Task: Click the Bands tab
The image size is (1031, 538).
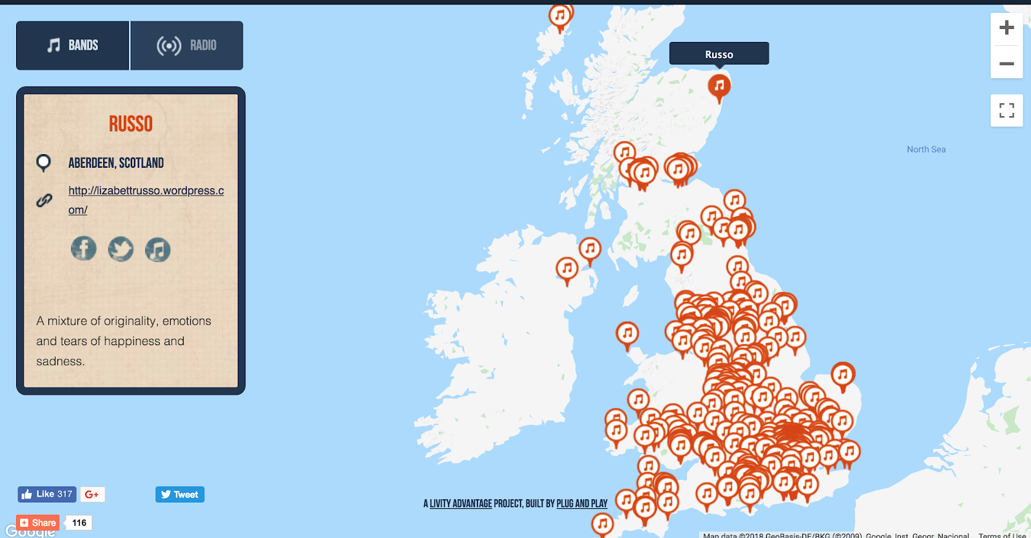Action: click(x=73, y=45)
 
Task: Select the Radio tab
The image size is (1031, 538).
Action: click(x=187, y=45)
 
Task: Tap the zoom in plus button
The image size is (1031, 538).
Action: click(x=1007, y=28)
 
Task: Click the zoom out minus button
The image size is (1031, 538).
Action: click(x=1007, y=63)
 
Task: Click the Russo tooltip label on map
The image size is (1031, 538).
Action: click(x=719, y=54)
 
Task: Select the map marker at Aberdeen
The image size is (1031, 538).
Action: click(x=719, y=86)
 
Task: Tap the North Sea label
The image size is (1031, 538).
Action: click(x=926, y=150)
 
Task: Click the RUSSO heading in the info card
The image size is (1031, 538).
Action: click(x=131, y=124)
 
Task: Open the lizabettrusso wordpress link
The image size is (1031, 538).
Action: click(x=146, y=191)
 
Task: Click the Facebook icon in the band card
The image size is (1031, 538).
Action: click(x=84, y=248)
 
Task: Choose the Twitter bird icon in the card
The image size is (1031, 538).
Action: click(x=120, y=249)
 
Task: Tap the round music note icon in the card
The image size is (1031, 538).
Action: click(x=158, y=250)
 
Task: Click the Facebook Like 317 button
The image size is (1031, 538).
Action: click(x=47, y=494)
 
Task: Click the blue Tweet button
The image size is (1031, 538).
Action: click(x=180, y=495)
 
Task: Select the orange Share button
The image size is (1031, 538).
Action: click(x=38, y=523)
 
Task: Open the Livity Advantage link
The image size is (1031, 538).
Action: click(x=461, y=504)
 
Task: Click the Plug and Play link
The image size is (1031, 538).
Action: click(x=582, y=504)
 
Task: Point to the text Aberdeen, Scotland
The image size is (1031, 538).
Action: click(x=116, y=163)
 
